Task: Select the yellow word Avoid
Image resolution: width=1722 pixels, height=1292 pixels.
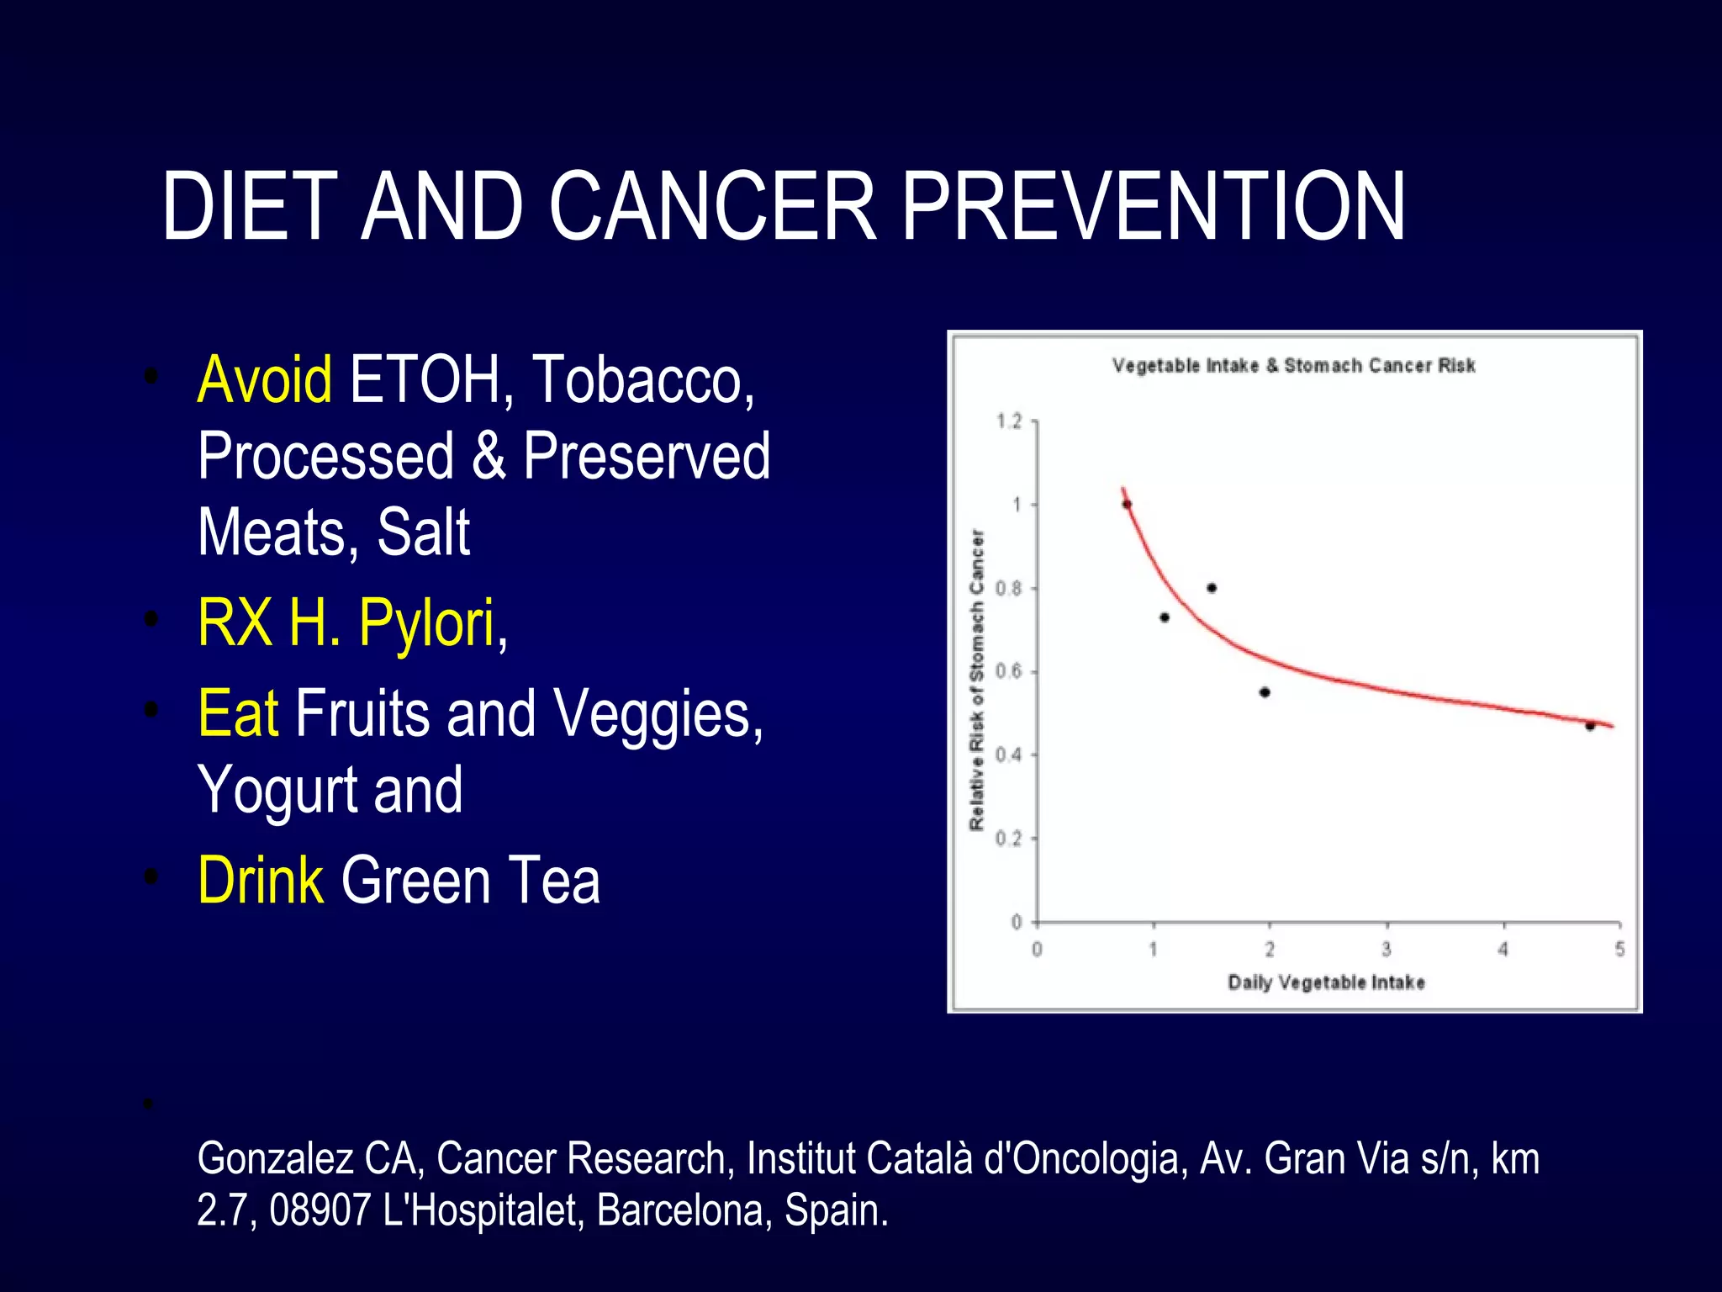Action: [264, 380]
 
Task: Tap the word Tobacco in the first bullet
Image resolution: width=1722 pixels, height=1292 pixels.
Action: [643, 380]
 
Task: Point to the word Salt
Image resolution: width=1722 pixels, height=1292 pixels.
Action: [423, 532]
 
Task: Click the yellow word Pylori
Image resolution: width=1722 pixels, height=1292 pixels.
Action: [428, 623]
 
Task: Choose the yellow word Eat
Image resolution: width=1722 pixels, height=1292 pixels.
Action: [238, 713]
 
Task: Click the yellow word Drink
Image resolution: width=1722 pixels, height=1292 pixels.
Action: [261, 881]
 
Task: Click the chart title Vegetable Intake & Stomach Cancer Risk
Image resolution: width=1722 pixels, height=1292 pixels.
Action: [1293, 366]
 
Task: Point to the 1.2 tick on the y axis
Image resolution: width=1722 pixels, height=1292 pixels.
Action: [1009, 421]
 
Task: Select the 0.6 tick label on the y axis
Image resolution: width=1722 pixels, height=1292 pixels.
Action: [1009, 671]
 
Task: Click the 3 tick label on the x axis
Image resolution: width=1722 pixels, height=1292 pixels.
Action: [1387, 950]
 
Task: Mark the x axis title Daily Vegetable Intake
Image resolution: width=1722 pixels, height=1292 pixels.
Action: [1326, 982]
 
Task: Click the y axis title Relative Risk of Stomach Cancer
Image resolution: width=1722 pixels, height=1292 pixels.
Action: [976, 680]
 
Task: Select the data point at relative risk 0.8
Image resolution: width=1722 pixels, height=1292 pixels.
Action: [1212, 588]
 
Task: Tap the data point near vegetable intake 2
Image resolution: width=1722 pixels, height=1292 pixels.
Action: [1265, 692]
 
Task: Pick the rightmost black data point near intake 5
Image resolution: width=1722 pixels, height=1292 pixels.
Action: [1590, 726]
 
